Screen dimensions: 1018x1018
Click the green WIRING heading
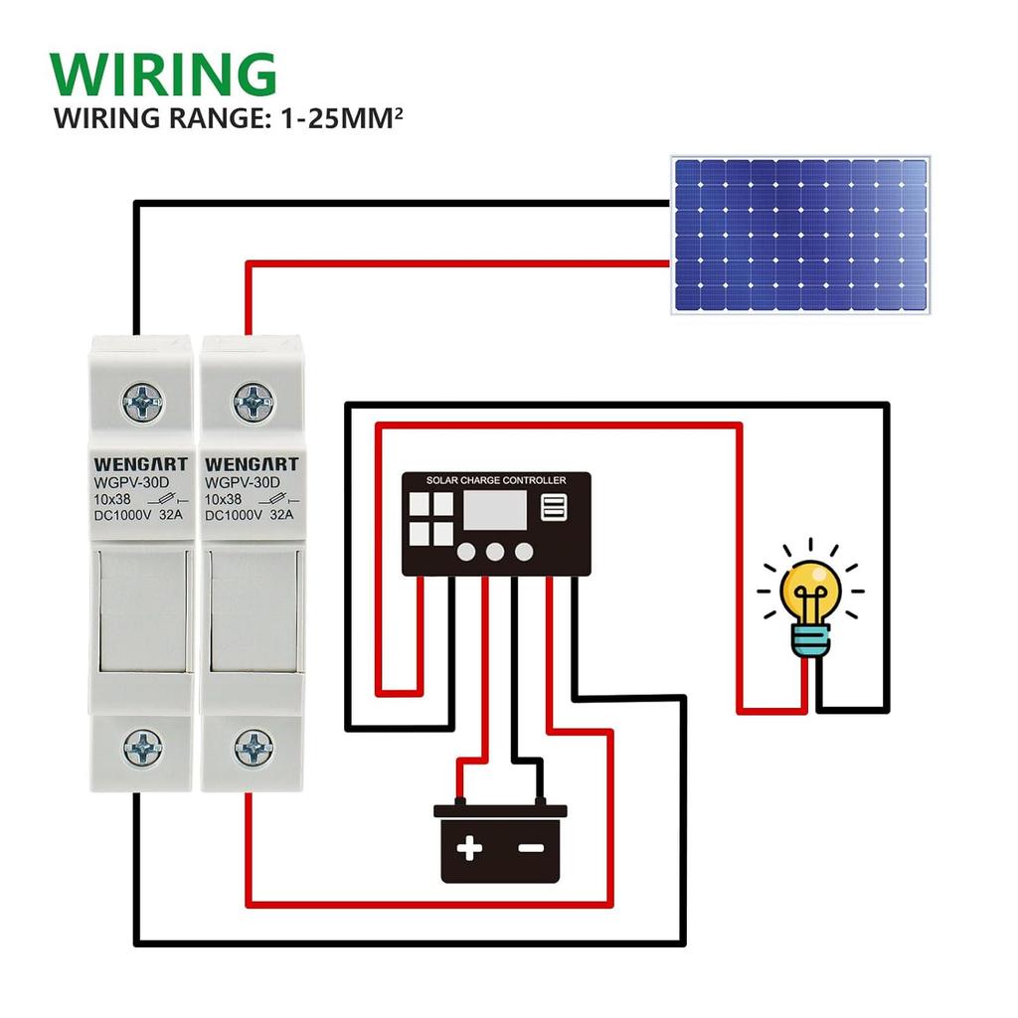tap(163, 74)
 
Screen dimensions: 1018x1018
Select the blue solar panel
tap(800, 235)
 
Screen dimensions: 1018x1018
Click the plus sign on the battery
tap(469, 848)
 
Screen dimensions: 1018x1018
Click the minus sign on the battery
tap(532, 848)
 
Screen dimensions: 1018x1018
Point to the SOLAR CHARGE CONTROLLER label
tap(496, 481)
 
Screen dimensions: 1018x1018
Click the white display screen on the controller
tap(494, 511)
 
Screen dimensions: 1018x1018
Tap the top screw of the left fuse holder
tap(143, 403)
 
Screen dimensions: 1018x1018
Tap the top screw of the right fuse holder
tap(254, 403)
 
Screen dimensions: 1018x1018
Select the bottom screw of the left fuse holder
tap(143, 747)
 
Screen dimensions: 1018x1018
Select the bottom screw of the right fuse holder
tap(254, 747)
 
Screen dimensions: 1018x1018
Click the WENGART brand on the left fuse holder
tap(140, 464)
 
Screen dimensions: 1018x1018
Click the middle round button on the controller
tap(496, 552)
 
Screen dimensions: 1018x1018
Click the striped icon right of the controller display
tap(554, 508)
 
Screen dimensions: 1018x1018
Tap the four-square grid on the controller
tap(430, 520)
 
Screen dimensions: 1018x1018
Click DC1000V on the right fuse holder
tap(233, 515)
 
